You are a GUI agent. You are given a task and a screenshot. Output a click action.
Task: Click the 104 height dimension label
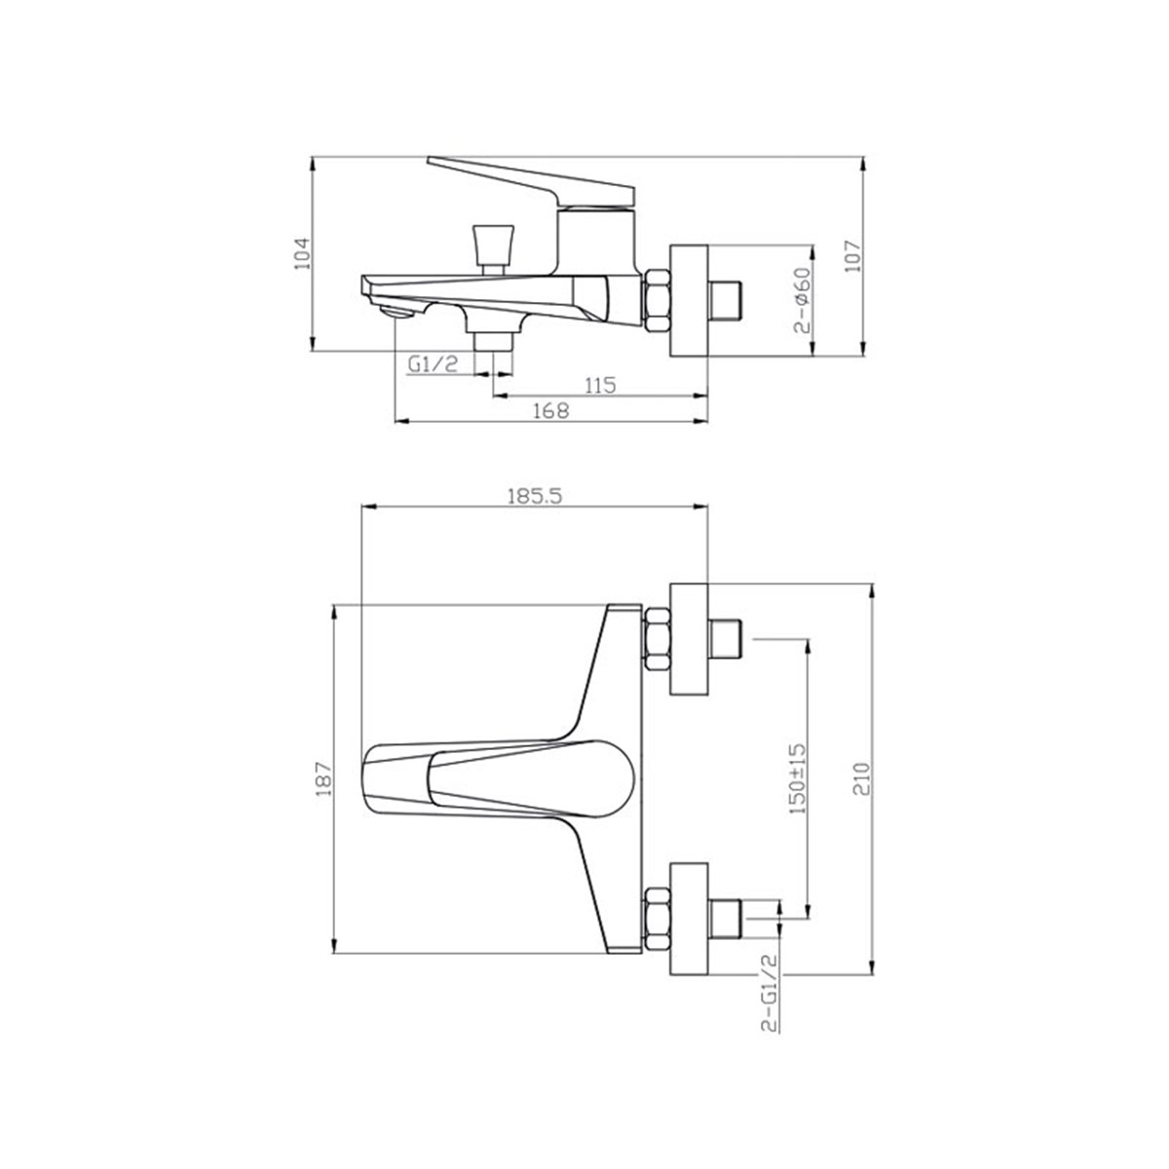coord(302,252)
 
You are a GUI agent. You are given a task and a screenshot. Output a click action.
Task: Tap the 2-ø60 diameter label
coord(804,300)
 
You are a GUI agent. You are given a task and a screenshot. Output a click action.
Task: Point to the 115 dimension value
coord(600,385)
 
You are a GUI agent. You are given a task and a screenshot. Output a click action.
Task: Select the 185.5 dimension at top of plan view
coord(535,495)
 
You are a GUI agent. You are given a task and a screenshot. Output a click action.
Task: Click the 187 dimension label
coord(324,779)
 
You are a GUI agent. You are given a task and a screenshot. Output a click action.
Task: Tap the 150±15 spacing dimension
coord(798,778)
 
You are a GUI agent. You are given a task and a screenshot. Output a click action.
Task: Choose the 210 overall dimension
coord(862,779)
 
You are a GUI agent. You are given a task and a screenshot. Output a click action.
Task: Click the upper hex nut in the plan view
coord(657,639)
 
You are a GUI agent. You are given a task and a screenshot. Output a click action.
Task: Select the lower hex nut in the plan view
coord(657,919)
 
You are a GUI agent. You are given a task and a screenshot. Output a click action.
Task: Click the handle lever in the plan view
coord(497,780)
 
